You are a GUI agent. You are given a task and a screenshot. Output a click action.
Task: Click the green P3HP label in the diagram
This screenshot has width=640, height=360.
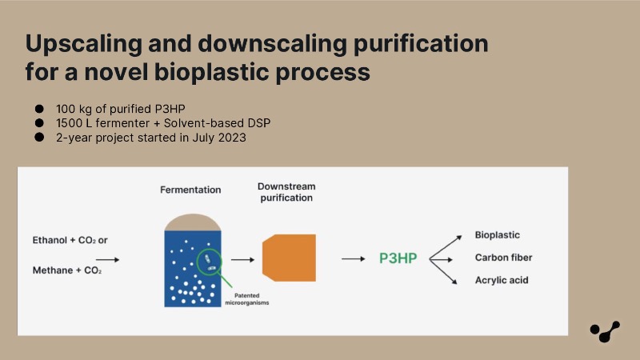coord(398,258)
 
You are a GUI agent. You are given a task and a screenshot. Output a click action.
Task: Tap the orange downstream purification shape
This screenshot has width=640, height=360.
coord(289,258)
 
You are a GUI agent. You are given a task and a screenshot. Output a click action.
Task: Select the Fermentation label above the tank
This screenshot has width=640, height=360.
coord(190,190)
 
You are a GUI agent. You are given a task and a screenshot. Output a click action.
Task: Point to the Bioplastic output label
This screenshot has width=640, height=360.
coord(497,235)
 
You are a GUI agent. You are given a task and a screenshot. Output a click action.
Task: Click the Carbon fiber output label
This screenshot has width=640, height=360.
coord(503,258)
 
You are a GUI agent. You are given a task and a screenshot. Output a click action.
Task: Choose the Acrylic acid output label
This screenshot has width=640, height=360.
coord(502,280)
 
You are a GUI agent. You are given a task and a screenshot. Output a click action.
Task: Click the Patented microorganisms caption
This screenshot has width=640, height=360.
coord(247,299)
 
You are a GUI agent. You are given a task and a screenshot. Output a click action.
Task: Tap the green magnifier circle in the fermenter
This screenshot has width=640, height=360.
coord(210,262)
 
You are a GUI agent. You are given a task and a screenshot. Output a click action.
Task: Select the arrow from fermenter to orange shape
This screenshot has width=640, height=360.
coord(243,259)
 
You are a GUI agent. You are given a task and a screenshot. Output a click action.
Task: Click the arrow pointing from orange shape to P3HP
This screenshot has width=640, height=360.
coord(354,258)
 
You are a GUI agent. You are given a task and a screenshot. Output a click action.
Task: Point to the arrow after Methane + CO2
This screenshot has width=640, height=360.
coord(108,259)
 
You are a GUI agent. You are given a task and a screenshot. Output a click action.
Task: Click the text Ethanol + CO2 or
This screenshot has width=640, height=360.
coord(70,240)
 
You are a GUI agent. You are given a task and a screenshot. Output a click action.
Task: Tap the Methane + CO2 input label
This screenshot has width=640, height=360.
coord(67,270)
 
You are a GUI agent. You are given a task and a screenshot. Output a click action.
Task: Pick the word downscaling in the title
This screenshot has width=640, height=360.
coord(272,43)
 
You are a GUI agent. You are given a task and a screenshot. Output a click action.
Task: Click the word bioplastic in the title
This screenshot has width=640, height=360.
coord(211,72)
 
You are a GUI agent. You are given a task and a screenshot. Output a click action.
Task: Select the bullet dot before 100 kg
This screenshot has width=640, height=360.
coord(39,109)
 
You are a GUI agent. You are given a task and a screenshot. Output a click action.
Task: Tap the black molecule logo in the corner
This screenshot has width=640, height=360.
coord(605,331)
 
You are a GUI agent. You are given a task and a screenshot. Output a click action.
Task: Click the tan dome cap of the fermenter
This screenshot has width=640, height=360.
coord(193,222)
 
